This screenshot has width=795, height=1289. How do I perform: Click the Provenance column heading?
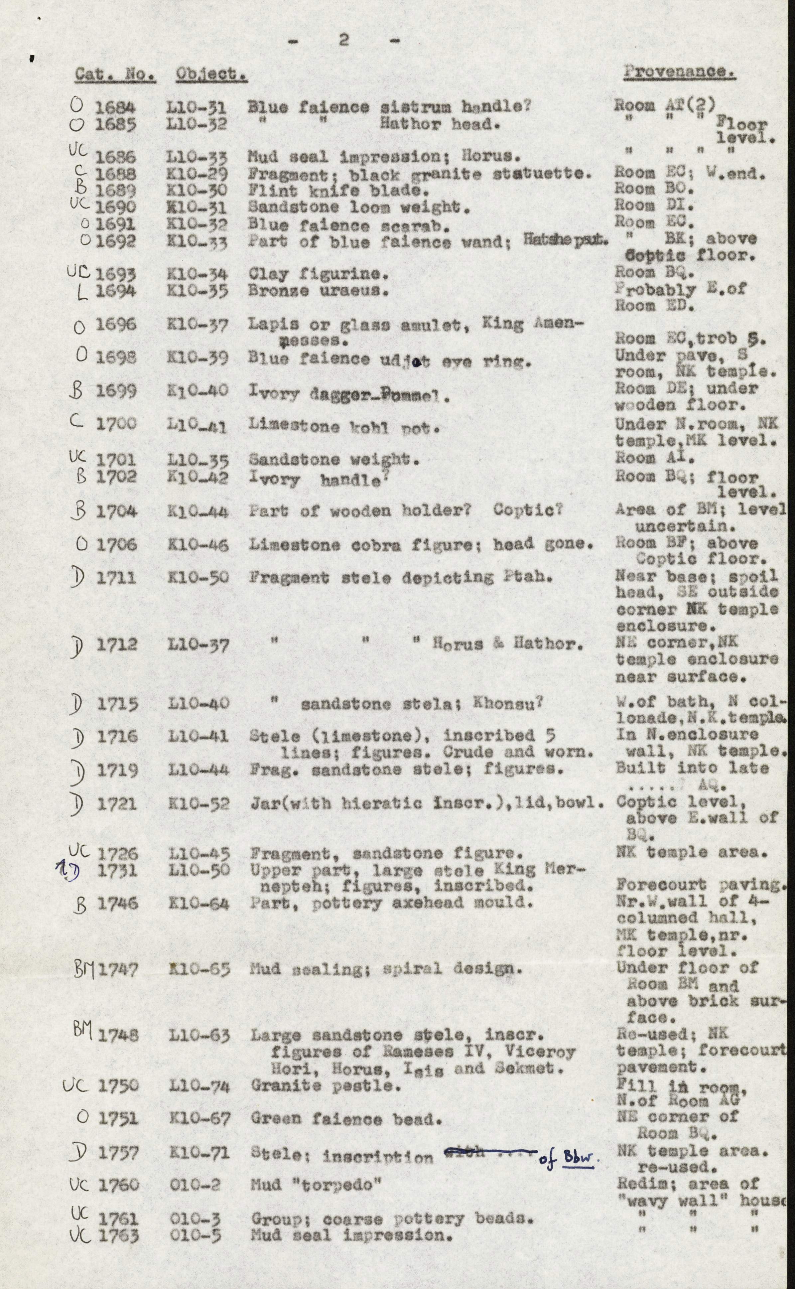click(679, 72)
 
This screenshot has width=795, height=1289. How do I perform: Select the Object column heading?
click(211, 75)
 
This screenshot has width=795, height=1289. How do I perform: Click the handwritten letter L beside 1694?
click(81, 292)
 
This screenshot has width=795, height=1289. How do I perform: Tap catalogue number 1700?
click(116, 423)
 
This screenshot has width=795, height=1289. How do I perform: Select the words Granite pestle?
click(322, 1085)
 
